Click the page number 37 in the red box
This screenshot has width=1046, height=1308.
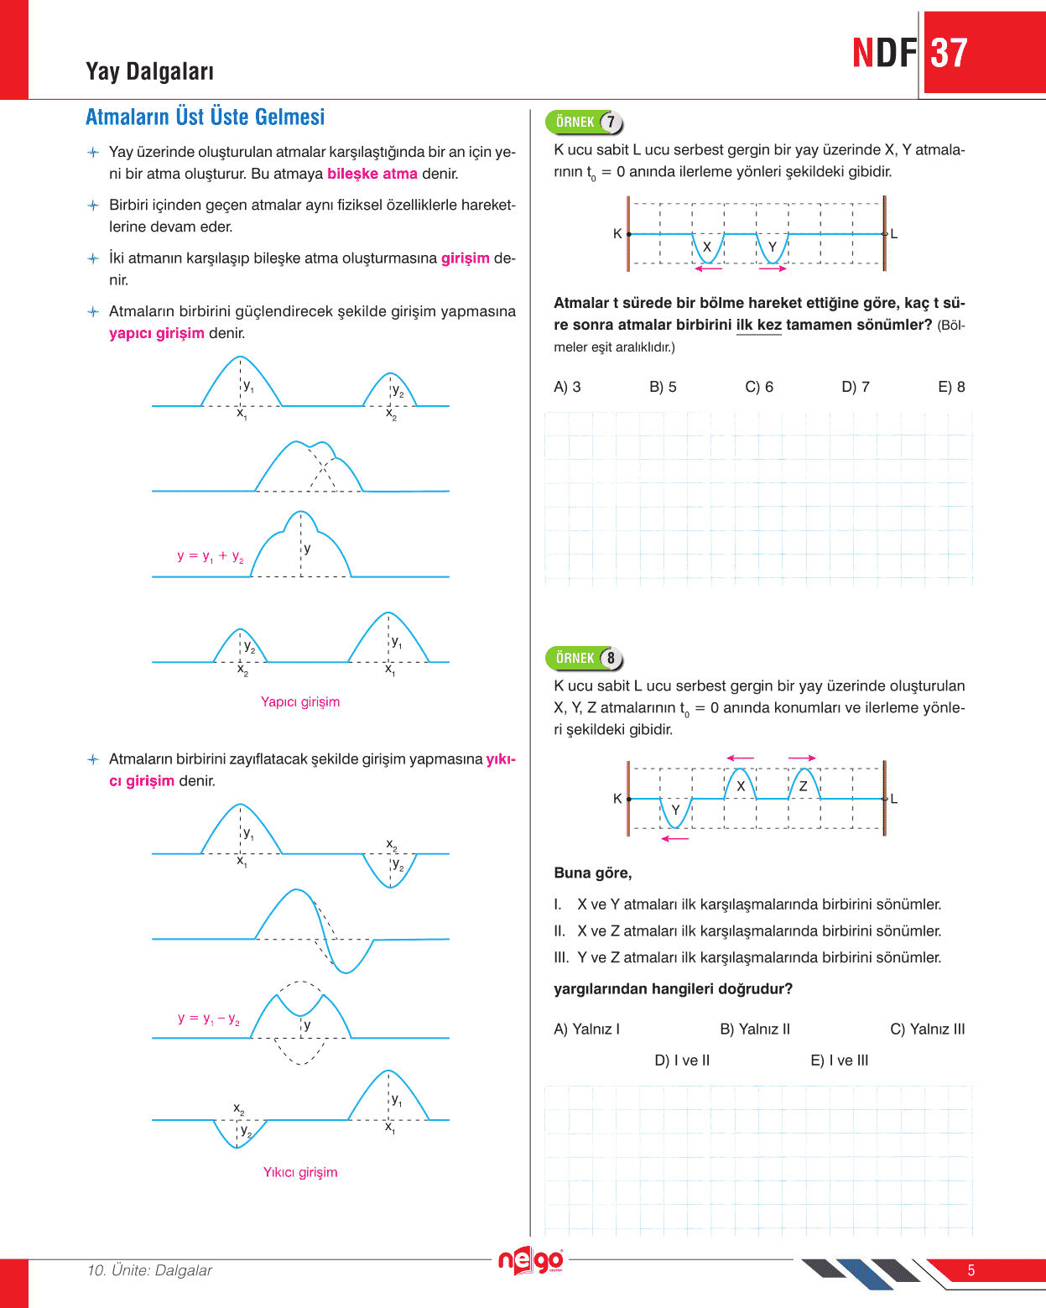coord(950,54)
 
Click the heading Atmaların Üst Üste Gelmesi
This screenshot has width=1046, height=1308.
coord(205,117)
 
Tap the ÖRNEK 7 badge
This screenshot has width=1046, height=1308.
coord(585,122)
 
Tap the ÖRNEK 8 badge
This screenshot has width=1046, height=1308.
coord(585,659)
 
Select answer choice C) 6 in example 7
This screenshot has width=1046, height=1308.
coord(759,387)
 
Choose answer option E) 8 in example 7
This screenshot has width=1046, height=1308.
coord(951,387)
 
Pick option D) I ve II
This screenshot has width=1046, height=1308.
coord(682,1060)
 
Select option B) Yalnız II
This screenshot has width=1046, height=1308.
coord(755,1029)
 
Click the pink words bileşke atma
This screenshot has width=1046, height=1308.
coord(372,175)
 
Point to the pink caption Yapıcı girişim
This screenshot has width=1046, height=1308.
coord(300,702)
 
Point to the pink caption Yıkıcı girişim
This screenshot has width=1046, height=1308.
coord(300,1173)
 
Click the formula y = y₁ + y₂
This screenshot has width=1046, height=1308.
coord(211,556)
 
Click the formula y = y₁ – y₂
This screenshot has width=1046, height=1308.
coord(209,1019)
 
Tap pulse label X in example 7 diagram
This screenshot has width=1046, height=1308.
coord(707,247)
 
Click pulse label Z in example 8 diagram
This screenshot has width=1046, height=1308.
coord(803,786)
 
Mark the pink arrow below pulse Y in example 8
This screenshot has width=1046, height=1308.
coord(674,838)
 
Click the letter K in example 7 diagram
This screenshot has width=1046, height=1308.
coord(617,234)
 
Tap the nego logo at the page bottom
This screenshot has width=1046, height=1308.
coord(530,1261)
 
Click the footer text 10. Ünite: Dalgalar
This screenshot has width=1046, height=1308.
coord(150,1270)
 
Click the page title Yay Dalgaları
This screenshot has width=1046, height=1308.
coord(150,72)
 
